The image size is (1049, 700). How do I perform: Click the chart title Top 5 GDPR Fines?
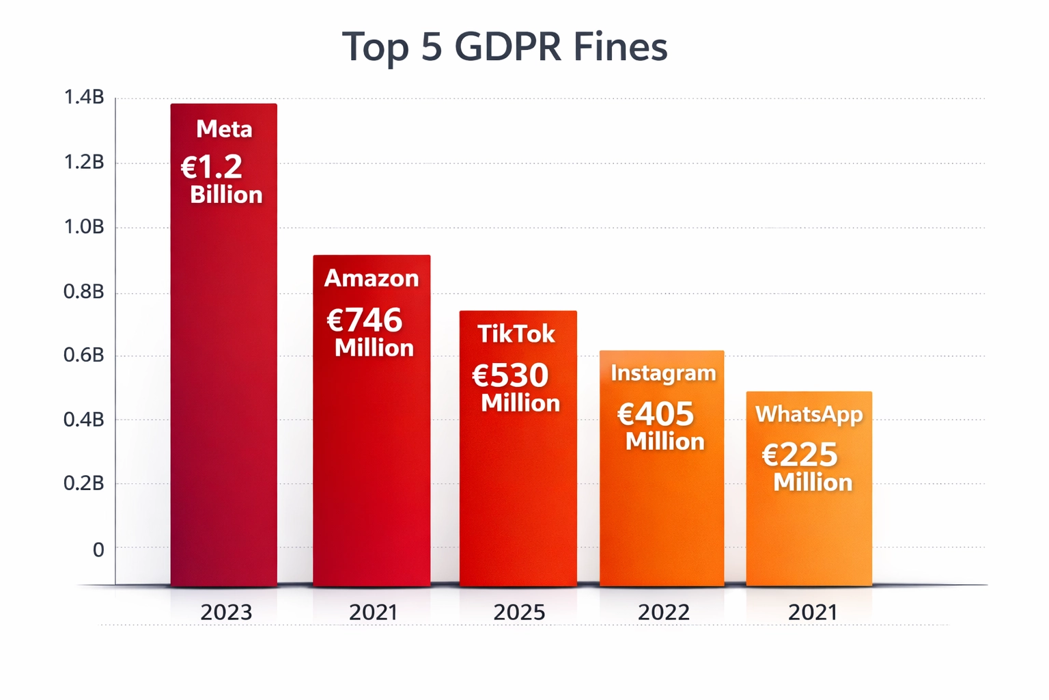505,46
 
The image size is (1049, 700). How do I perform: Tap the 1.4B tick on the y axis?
83,98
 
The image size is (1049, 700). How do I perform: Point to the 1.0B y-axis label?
83,227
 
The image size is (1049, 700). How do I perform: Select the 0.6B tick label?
83,355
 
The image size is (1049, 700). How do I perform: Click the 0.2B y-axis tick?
83,484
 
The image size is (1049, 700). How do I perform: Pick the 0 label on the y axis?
98,550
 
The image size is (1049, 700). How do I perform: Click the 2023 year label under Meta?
226,612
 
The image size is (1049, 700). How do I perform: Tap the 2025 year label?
519,612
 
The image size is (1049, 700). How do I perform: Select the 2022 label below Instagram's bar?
663,612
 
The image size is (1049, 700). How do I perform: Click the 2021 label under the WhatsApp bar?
812,612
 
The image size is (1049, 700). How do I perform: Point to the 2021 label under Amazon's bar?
373,612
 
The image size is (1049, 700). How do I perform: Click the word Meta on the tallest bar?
224,129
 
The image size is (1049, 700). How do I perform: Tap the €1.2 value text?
212,167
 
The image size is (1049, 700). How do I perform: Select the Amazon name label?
372,278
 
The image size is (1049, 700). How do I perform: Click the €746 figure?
365,320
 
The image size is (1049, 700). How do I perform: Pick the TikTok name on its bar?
516,334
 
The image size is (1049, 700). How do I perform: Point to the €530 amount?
510,375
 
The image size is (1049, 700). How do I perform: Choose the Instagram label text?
663,373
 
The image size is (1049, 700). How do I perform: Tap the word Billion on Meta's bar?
226,195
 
